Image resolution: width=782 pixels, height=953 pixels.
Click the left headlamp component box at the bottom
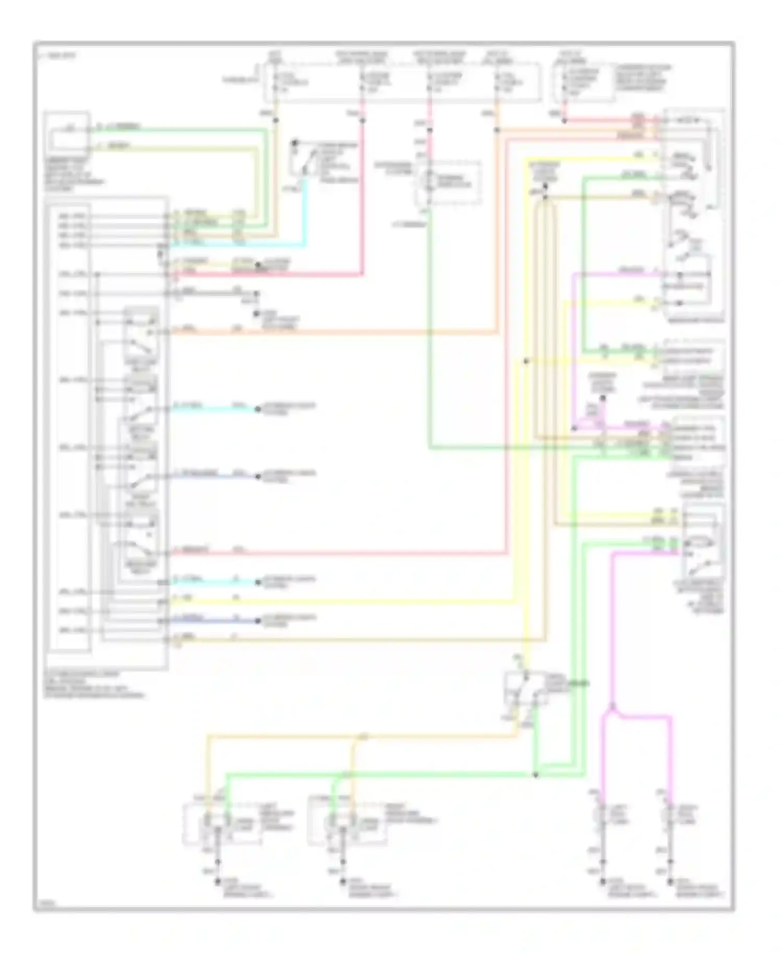tap(222, 824)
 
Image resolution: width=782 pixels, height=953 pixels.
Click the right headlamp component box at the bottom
tap(347, 824)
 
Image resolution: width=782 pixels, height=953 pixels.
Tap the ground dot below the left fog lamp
tap(603, 881)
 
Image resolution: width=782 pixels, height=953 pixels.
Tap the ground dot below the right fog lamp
tap(671, 881)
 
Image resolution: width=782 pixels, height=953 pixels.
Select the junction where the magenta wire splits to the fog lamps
tap(613, 707)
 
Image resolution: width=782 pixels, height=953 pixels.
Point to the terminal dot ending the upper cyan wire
tap(258, 409)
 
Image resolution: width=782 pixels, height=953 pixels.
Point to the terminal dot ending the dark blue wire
tap(258, 620)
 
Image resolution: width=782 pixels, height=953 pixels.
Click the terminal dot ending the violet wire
tap(258, 476)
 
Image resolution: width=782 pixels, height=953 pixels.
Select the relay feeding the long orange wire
tap(141, 339)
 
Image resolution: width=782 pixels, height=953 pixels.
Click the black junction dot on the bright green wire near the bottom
tap(535, 775)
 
